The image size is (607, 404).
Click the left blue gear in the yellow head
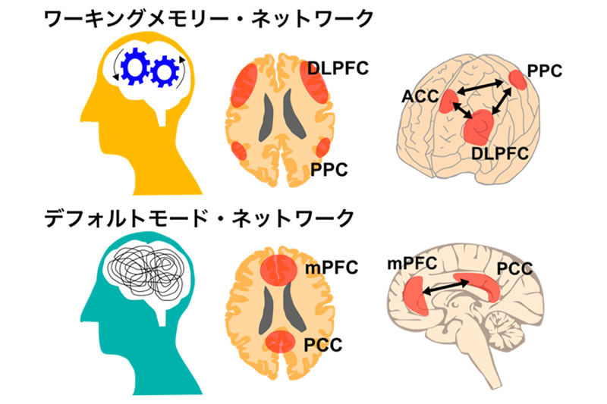pyautogui.click(x=134, y=67)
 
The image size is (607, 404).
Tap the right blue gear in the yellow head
pyautogui.click(x=165, y=71)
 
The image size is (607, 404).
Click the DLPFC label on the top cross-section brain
pyautogui.click(x=338, y=68)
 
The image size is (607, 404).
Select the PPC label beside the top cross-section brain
pyautogui.click(x=329, y=170)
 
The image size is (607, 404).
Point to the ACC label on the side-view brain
pyautogui.click(x=420, y=96)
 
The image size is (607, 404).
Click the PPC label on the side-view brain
pyautogui.click(x=544, y=70)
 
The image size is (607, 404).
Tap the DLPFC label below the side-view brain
pyautogui.click(x=499, y=153)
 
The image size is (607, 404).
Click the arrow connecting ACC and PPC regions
pyautogui.click(x=480, y=87)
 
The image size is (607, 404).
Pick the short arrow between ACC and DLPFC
pyautogui.click(x=462, y=110)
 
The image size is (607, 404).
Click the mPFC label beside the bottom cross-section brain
pyautogui.click(x=332, y=268)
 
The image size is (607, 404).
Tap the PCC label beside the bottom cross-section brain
pyautogui.click(x=323, y=345)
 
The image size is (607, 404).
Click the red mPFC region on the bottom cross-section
pyautogui.click(x=278, y=270)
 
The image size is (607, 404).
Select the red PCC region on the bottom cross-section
pyautogui.click(x=281, y=340)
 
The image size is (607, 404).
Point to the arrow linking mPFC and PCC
pyautogui.click(x=445, y=287)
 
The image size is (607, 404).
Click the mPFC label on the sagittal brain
pyautogui.click(x=412, y=264)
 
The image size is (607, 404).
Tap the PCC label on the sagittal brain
pyautogui.click(x=514, y=268)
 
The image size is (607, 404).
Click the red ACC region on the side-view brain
pyautogui.click(x=448, y=102)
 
